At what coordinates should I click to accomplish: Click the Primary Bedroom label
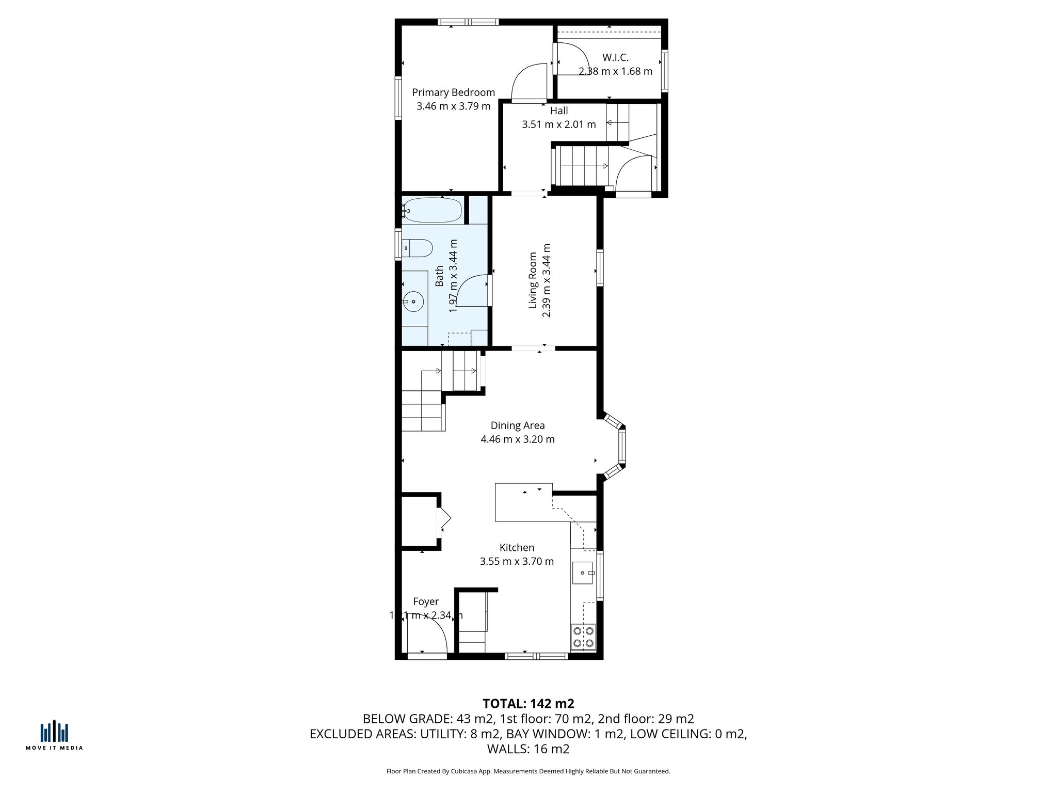[x=453, y=92]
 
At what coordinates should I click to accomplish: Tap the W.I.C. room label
[x=615, y=57]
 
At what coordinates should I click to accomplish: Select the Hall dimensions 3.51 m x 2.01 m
[x=558, y=124]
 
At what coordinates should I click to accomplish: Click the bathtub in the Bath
[x=433, y=210]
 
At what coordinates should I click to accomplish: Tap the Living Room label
[x=533, y=280]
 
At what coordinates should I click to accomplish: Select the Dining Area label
[x=517, y=425]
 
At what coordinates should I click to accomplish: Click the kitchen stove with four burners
[x=583, y=637]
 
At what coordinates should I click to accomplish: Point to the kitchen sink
[x=583, y=573]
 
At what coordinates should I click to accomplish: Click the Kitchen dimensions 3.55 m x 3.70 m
[x=517, y=561]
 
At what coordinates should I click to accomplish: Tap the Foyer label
[x=426, y=601]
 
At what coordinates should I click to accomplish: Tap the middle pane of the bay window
[x=622, y=447]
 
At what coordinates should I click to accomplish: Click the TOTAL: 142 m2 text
[x=528, y=704]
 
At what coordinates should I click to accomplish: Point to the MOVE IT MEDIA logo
[x=54, y=736]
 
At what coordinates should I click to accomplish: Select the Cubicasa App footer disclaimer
[x=528, y=771]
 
